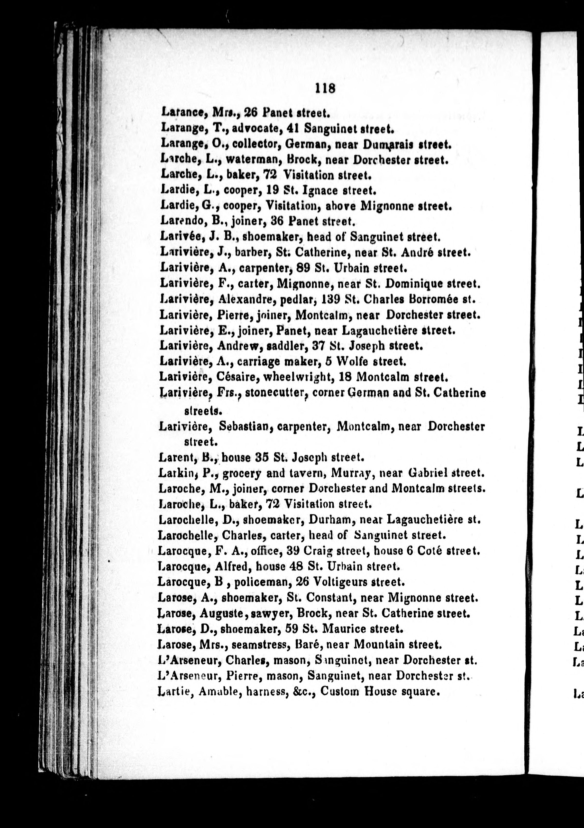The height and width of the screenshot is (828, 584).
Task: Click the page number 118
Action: point(325,88)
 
